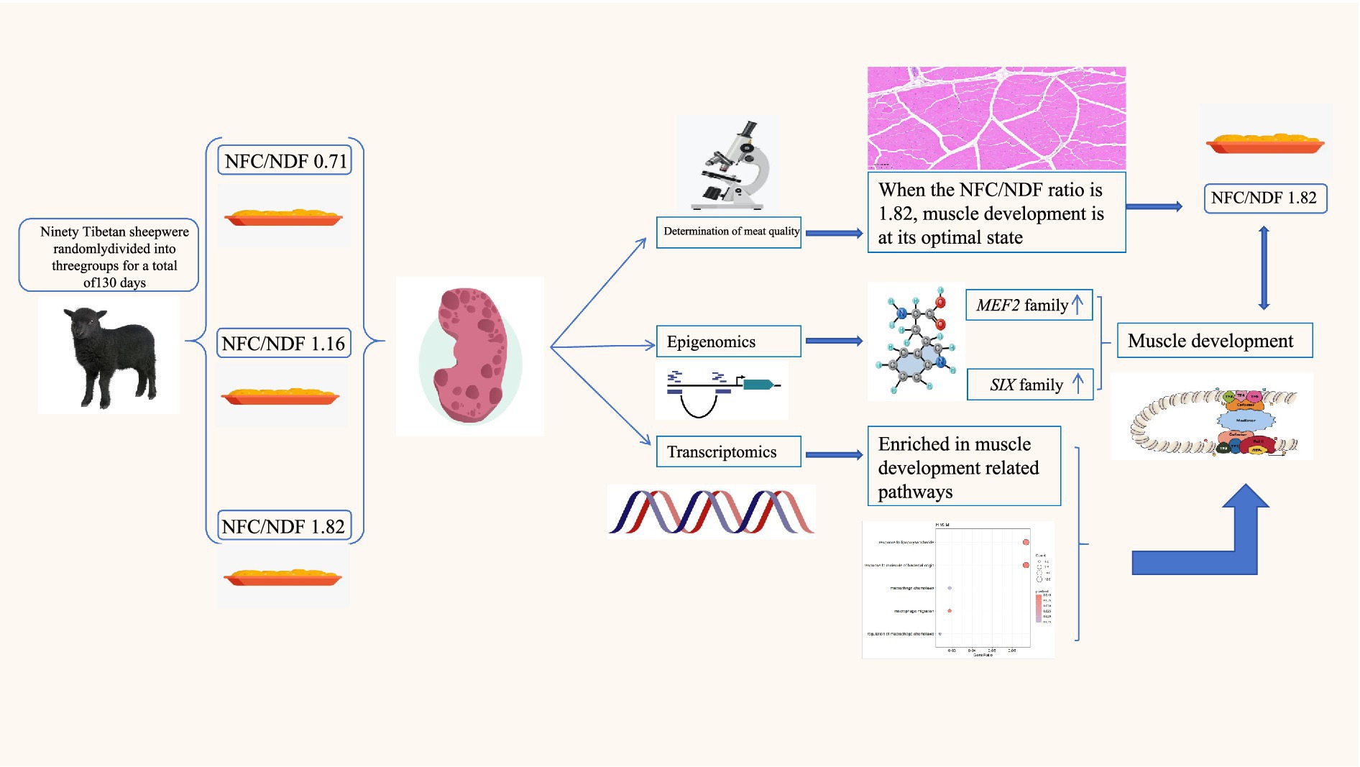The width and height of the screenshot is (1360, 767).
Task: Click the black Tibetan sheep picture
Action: (109, 357)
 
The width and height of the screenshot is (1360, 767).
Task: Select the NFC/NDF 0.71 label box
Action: (285, 161)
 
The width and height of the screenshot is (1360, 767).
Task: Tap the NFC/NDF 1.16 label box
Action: (284, 344)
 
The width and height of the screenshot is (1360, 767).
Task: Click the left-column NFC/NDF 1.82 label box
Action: (284, 526)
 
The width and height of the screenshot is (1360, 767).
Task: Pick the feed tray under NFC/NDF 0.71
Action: (283, 216)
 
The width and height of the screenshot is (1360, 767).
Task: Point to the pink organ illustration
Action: (471, 355)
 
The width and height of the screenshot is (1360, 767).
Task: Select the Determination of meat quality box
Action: (729, 232)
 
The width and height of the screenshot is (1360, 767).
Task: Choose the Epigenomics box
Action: (728, 341)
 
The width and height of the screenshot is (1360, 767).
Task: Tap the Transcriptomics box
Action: (728, 452)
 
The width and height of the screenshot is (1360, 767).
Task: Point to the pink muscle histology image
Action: (996, 119)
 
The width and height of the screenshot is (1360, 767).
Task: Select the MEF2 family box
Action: (1029, 306)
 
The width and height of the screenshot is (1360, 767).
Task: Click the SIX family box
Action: (1030, 385)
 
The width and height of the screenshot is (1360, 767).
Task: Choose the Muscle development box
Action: (1214, 341)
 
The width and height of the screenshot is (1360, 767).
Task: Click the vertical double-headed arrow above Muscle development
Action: (1264, 268)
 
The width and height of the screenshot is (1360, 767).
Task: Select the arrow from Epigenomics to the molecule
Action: (834, 341)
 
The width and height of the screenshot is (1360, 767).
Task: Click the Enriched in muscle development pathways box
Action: (963, 467)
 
